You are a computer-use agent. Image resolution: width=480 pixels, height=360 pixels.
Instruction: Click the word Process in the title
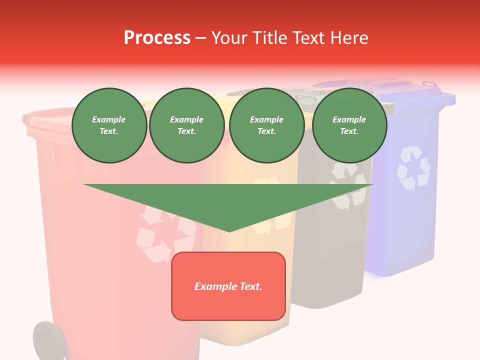(157, 38)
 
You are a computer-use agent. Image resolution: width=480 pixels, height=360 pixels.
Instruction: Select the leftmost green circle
(109, 125)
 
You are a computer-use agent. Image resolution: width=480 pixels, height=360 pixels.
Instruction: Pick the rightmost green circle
(349, 125)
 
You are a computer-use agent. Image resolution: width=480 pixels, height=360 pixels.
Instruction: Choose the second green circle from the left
(186, 125)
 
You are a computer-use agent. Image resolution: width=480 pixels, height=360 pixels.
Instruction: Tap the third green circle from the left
(266, 125)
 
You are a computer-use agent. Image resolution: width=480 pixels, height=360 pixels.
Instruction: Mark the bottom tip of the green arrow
(229, 230)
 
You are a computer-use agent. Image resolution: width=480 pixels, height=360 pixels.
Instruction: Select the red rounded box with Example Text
(228, 286)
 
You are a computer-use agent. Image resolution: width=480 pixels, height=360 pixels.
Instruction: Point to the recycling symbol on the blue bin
(413, 168)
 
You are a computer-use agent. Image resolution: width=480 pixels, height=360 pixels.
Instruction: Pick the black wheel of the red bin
(48, 341)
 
